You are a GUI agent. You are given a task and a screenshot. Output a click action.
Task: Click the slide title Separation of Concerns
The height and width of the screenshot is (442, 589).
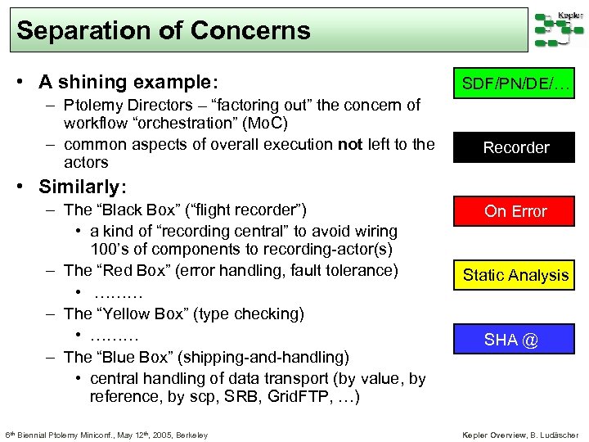[164, 31]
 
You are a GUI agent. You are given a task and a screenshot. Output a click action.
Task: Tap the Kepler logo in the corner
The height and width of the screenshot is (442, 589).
[560, 29]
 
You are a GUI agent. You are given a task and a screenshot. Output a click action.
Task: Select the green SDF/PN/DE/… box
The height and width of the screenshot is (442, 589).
[515, 83]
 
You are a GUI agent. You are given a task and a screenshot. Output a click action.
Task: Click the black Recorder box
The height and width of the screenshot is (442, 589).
[515, 147]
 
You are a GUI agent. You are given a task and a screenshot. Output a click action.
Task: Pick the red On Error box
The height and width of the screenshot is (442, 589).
[515, 211]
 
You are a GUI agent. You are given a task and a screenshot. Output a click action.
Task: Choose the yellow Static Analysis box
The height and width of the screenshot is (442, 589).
[515, 275]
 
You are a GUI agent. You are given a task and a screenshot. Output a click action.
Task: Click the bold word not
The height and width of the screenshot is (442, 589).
[350, 145]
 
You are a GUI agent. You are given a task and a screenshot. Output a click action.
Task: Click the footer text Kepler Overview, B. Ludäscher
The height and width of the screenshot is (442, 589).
[520, 435]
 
